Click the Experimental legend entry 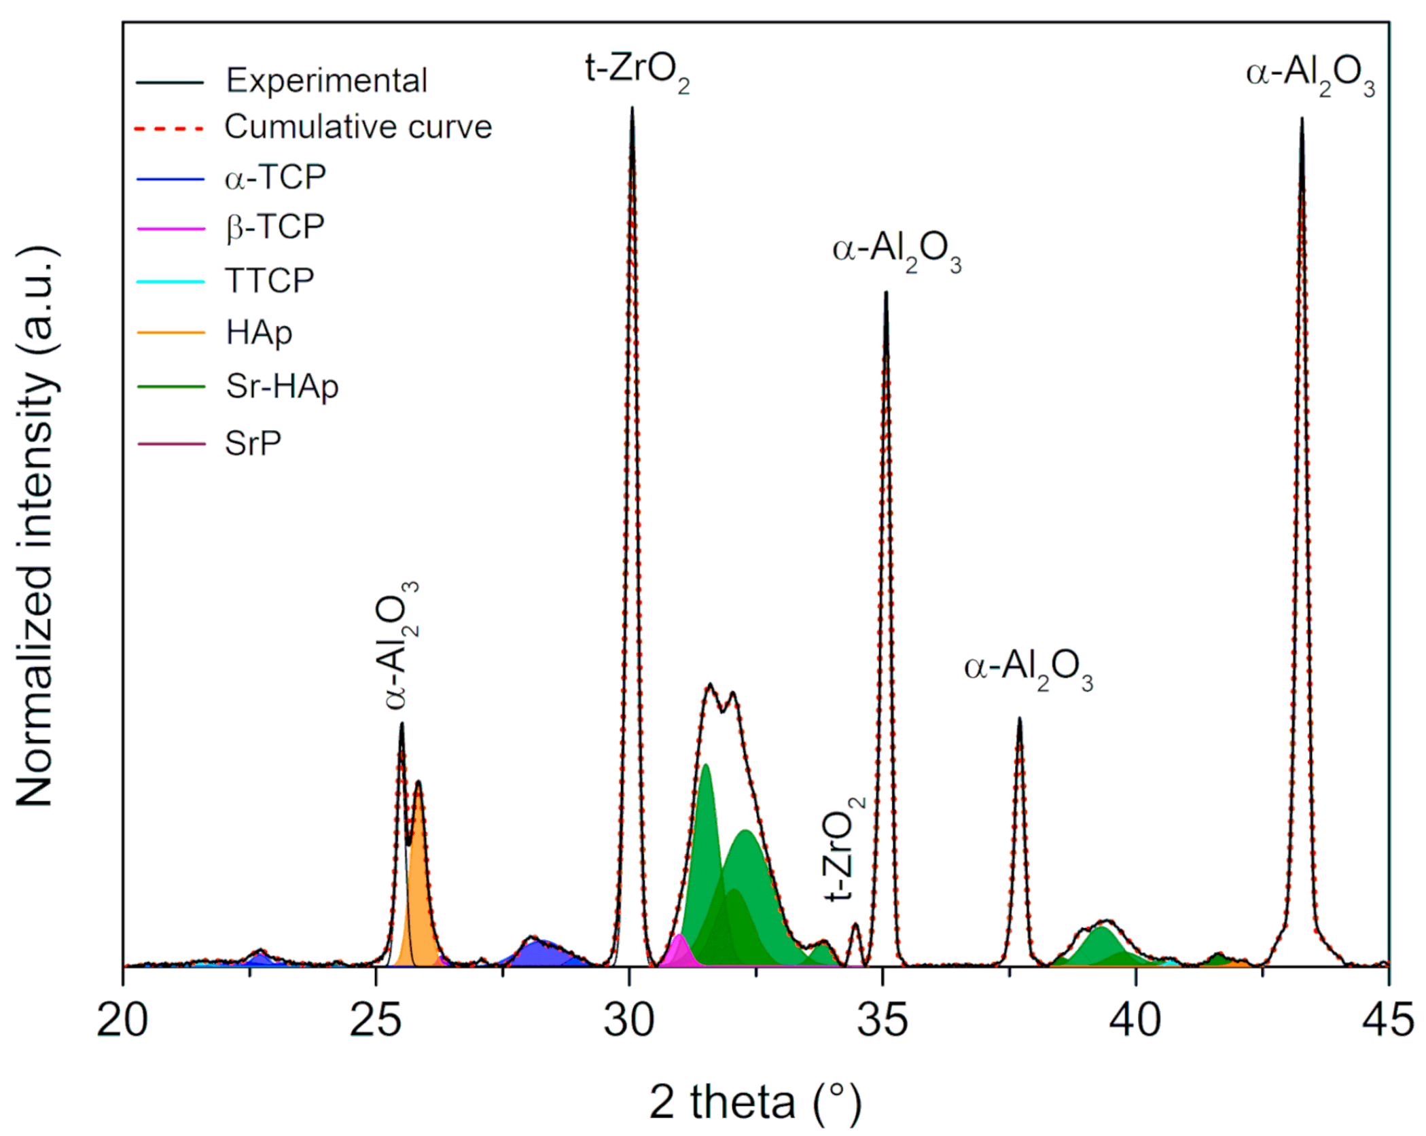(x=326, y=81)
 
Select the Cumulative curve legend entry (x=358, y=127)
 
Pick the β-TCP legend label (x=275, y=226)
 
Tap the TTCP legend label (x=270, y=281)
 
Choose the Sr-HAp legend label (x=282, y=387)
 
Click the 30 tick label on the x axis (x=630, y=1020)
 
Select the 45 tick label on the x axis (x=1388, y=1020)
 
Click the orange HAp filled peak (x=419, y=883)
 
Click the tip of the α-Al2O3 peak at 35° (x=886, y=294)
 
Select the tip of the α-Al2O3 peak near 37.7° (x=1019, y=719)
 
